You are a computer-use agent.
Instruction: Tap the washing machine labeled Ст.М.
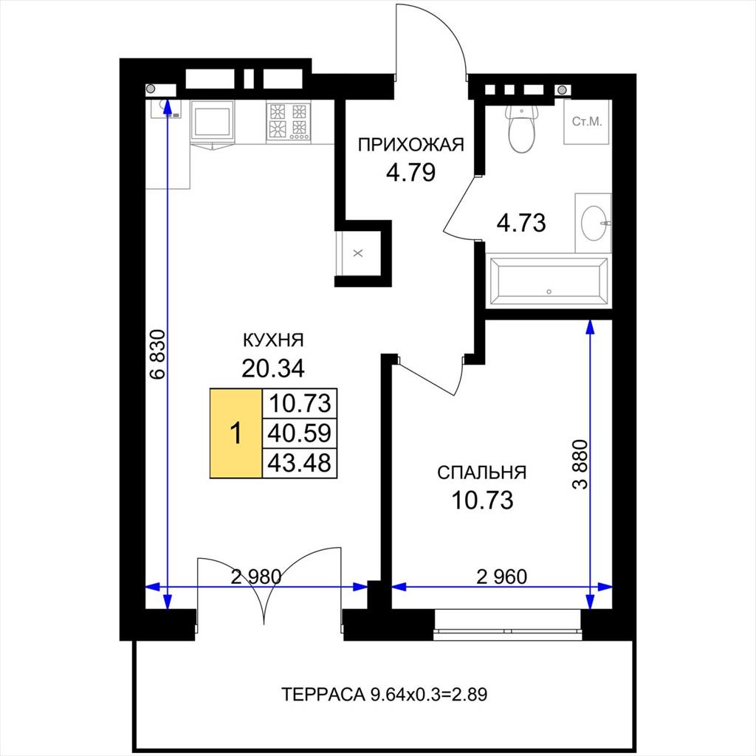[x=587, y=122]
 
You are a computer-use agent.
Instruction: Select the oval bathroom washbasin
[x=594, y=223]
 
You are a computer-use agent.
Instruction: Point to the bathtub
[x=549, y=281]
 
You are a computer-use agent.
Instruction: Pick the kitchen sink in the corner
[x=165, y=109]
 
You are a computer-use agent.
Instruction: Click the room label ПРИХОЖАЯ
[x=410, y=145]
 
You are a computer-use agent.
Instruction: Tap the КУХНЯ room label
[x=273, y=340]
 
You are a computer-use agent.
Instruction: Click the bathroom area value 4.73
[x=521, y=223]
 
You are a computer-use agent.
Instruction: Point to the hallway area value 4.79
[x=410, y=172]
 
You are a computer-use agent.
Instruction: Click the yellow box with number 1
[x=236, y=433]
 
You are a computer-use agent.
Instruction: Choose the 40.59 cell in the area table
[x=300, y=433]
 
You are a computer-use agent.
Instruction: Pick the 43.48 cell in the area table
[x=300, y=463]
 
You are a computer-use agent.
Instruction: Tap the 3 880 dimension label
[x=580, y=465]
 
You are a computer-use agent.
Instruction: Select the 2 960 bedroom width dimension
[x=502, y=576]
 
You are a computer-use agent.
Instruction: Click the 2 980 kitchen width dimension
[x=256, y=576]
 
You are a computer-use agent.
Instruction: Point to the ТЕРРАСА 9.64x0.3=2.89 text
[x=384, y=694]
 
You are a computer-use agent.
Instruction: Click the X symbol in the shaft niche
[x=358, y=253]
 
